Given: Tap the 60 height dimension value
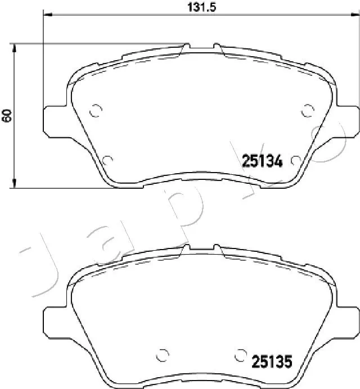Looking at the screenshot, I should pos(7,116).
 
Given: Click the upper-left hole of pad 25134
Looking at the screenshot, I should pos(96,110).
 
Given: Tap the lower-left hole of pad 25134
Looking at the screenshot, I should pos(109,160).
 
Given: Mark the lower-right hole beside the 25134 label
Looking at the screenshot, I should pos(295,161).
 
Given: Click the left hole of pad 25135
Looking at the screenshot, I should pos(163,355).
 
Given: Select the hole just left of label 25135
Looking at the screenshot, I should pos(241,355).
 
